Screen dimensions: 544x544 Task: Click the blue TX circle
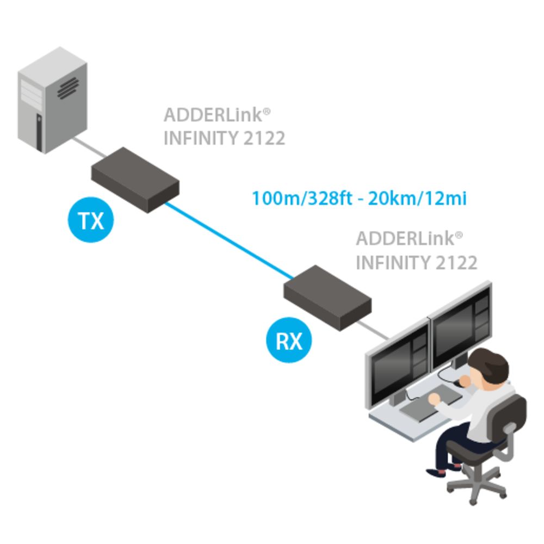point(91,220)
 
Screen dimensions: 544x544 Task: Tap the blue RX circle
point(289,340)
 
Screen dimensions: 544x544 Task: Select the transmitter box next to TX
point(135,180)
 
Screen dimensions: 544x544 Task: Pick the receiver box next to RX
point(328,298)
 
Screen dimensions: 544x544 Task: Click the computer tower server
point(52,101)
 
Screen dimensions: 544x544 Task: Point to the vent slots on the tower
point(68,88)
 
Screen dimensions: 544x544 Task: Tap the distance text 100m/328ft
point(302,199)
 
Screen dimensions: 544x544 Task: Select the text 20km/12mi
point(417,199)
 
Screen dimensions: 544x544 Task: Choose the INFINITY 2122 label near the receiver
point(416,263)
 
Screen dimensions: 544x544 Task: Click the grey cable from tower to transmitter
point(90,147)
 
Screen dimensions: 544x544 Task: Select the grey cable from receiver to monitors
point(373,330)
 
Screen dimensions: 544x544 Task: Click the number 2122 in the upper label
point(264,138)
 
